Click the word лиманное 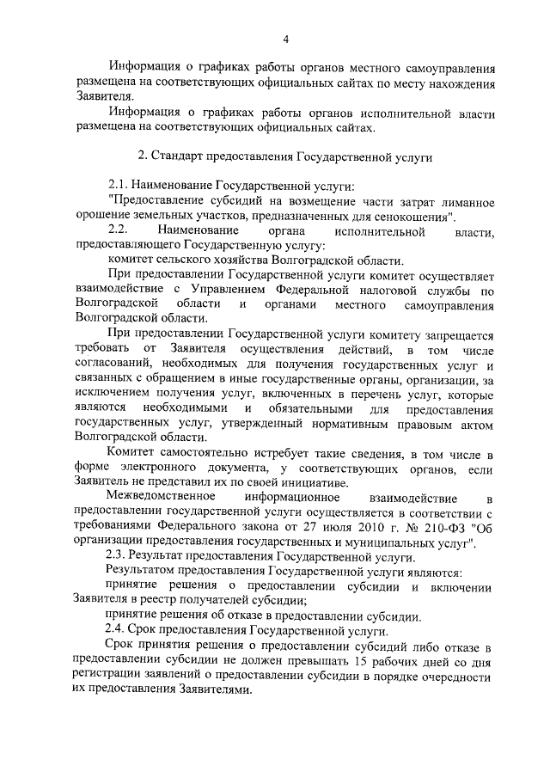[464, 202]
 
